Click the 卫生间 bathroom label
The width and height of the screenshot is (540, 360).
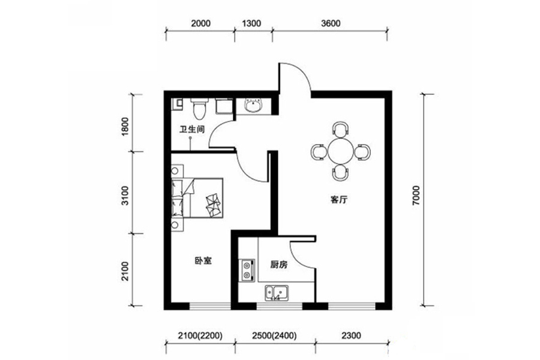[x=192, y=129]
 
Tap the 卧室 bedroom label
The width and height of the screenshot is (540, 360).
[x=203, y=261]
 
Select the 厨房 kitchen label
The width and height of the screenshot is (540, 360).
[x=279, y=265]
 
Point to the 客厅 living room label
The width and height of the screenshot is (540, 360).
[x=339, y=199]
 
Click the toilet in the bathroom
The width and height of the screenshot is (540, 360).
[x=199, y=107]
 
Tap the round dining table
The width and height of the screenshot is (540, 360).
[x=341, y=151]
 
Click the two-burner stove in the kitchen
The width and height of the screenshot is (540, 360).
[x=247, y=270]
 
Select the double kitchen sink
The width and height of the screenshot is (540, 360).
[x=277, y=293]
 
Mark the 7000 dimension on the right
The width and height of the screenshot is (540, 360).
[x=416, y=196]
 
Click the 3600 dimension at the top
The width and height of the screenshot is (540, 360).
[x=331, y=23]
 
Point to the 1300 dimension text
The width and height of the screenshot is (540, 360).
[x=251, y=23]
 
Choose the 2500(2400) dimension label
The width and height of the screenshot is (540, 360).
[x=274, y=335]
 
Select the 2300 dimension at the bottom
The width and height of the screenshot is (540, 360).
[x=350, y=335]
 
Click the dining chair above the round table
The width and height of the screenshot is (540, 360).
[x=341, y=129]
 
